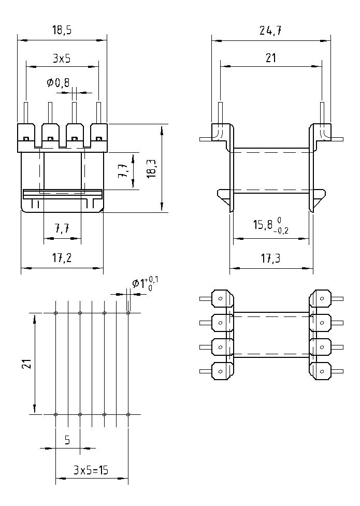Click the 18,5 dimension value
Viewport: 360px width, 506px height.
[x=62, y=31]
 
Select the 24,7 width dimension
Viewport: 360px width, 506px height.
[x=270, y=31]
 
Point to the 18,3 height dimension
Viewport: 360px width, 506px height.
[x=151, y=169]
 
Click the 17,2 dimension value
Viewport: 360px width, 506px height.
[x=62, y=258]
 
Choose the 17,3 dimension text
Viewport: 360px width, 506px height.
[x=270, y=258]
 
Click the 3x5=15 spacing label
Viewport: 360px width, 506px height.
[x=91, y=470]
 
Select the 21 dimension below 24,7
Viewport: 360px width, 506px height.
[x=270, y=58]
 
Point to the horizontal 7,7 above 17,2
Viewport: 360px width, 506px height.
[x=62, y=228]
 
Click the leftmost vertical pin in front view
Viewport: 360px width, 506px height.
[x=25, y=112]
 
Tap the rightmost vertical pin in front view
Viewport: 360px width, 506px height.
[x=98, y=112]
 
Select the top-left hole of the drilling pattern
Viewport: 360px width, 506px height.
[x=56, y=313]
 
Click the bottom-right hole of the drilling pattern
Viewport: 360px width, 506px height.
[x=128, y=414]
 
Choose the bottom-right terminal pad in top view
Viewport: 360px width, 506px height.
[x=321, y=370]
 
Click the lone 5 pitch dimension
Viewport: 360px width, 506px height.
[x=67, y=440]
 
